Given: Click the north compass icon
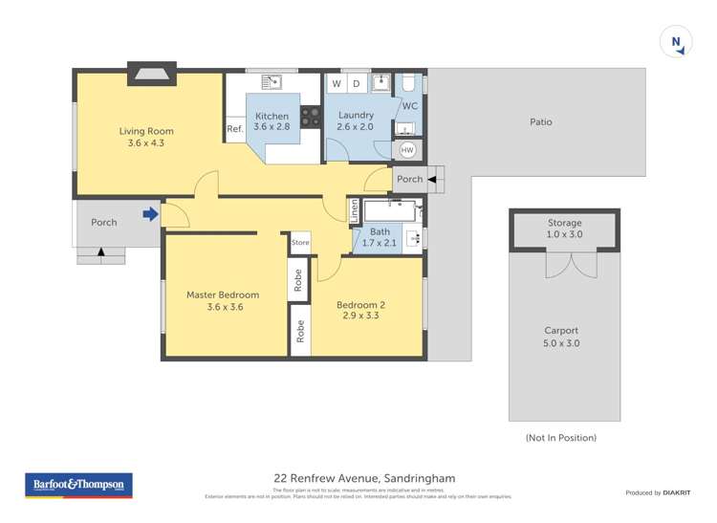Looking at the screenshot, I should [677, 43].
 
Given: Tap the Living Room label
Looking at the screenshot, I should [145, 131].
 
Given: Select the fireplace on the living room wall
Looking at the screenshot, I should [151, 75].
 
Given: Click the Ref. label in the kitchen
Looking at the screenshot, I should [234, 130].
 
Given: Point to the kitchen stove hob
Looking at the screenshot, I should [311, 117].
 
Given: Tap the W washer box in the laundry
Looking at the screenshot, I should [337, 84].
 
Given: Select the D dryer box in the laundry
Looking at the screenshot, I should [357, 84].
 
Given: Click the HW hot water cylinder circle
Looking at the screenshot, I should [407, 150].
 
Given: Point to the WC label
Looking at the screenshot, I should [409, 106].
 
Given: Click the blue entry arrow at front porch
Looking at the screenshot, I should [150, 214].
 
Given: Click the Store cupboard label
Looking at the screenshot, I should [300, 243].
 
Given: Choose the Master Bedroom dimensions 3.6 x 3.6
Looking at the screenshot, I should [222, 308].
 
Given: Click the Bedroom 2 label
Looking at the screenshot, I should [360, 305].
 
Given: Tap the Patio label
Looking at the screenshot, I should [540, 122].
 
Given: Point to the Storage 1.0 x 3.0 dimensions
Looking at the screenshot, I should [564, 234].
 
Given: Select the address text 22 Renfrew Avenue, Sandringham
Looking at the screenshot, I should [363, 478].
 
